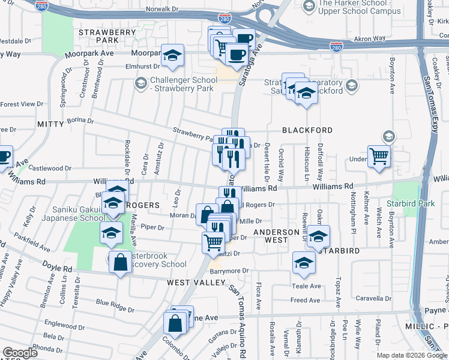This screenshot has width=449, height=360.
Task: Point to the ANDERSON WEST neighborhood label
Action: (x=276, y=236)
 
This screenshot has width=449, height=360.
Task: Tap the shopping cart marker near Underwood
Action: (x=379, y=157)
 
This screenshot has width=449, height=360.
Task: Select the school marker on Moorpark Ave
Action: (x=173, y=56)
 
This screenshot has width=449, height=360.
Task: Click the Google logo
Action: (x=20, y=352)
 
